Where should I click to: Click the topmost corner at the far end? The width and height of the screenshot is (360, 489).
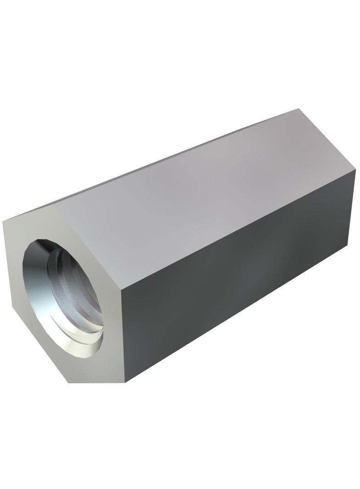point(298,109)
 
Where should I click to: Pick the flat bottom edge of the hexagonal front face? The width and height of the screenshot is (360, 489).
point(96,382)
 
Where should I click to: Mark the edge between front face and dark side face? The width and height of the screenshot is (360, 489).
point(122,339)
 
